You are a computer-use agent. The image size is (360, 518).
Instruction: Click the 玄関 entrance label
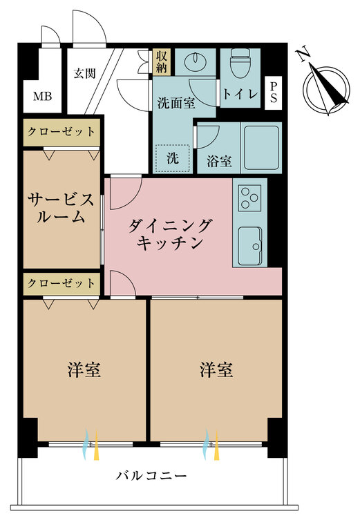point(84,73)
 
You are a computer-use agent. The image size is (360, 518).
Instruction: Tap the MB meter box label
point(42,97)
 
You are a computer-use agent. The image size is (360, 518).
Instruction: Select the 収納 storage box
point(162,61)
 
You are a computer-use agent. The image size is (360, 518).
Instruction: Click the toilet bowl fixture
point(240,63)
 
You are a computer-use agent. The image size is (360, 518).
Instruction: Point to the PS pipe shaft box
point(274,93)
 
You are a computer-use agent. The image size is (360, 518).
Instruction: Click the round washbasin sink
point(196,61)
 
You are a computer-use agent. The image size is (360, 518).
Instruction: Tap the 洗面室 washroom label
point(176,104)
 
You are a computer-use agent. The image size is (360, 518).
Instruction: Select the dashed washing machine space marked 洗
point(173,159)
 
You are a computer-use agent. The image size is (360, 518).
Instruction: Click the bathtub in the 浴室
point(261,147)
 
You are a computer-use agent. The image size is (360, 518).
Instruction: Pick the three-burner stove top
point(250,198)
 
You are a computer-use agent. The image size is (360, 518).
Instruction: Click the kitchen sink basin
point(250,246)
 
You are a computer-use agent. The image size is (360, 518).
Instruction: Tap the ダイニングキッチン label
point(169,234)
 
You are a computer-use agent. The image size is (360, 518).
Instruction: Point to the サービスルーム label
point(61,209)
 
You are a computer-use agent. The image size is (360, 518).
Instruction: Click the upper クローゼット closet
point(61,132)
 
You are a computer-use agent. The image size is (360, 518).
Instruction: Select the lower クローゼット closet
point(61,284)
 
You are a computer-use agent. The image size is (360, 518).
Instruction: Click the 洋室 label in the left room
point(84,370)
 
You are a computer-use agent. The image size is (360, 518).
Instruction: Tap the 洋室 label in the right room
point(216,370)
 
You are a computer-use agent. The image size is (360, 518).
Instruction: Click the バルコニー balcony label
point(151,476)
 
